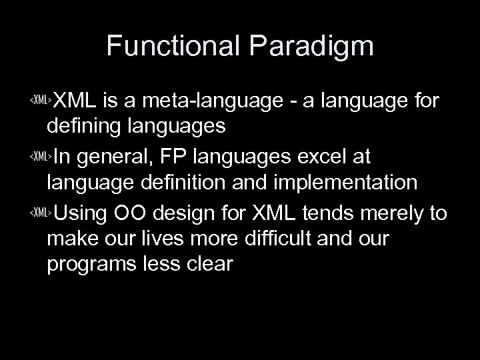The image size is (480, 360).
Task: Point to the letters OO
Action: (x=135, y=213)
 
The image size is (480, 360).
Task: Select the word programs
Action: (x=89, y=265)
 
